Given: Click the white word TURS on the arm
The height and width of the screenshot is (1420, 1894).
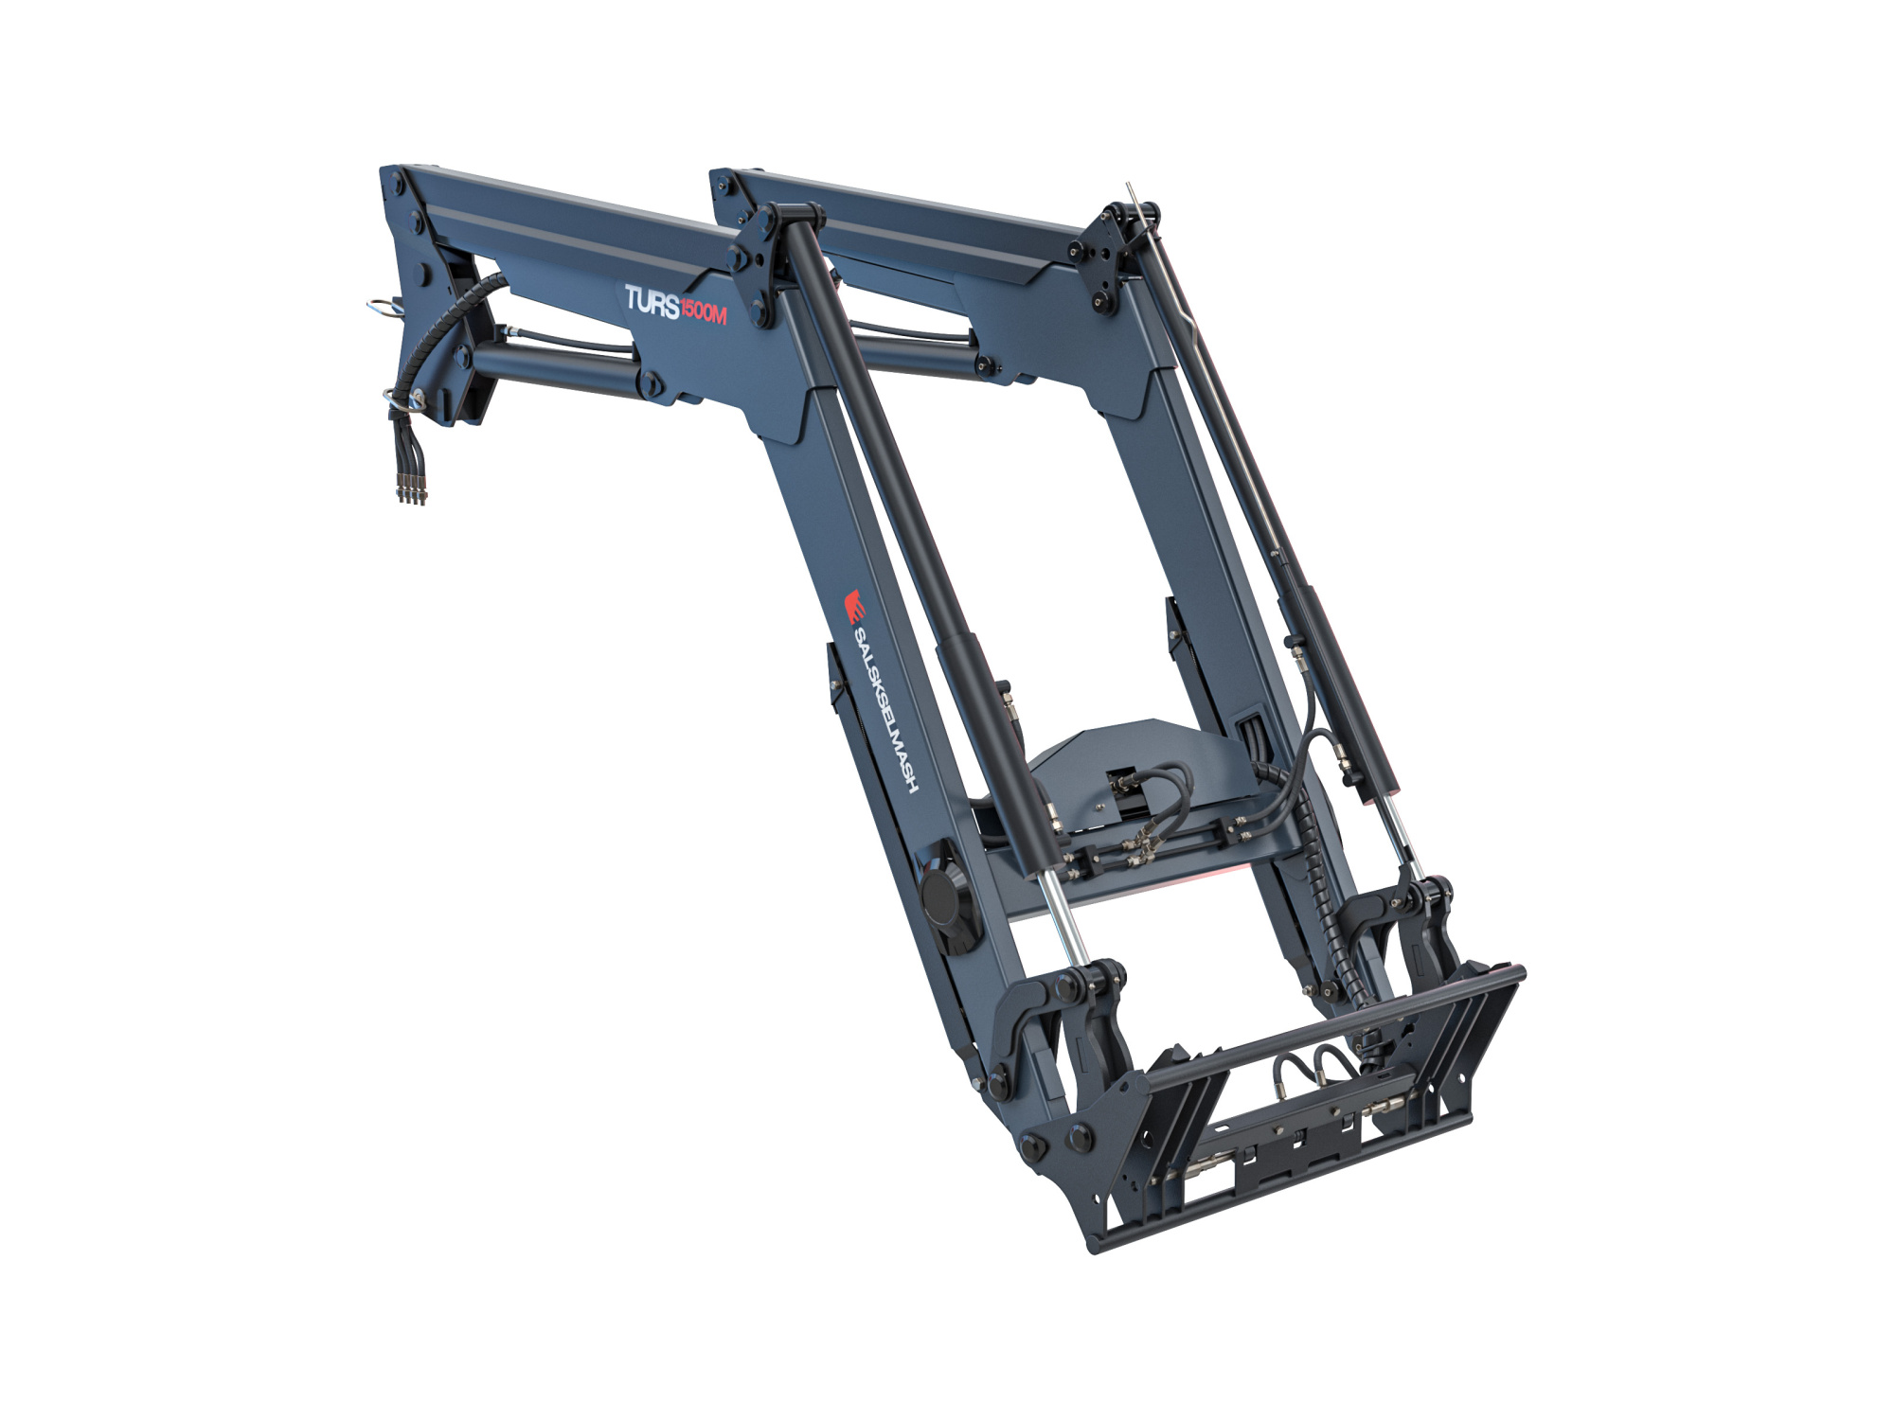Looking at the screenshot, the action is coord(652,303).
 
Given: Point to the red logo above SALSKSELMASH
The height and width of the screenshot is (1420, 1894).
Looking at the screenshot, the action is coord(854,605).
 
